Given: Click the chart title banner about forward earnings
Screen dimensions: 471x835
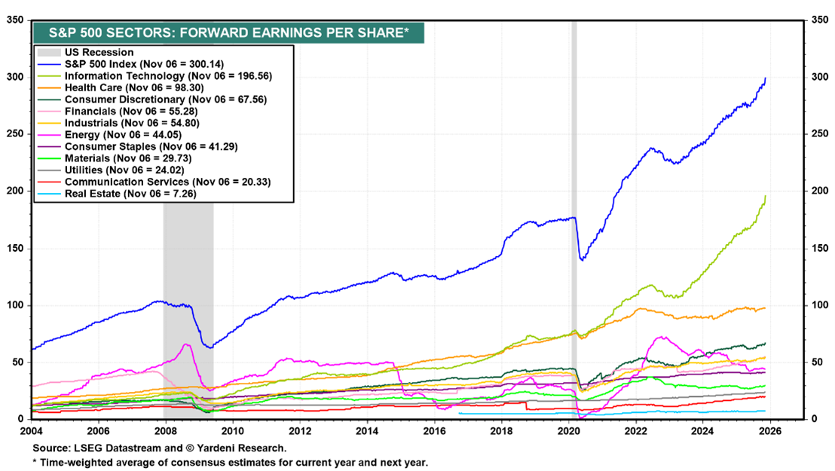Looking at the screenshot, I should [x=228, y=32].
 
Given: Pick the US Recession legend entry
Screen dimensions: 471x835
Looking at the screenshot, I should [x=99, y=53].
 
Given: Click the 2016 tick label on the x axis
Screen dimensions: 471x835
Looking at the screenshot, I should [x=434, y=432].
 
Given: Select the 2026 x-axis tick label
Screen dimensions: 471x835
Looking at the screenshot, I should [x=769, y=432].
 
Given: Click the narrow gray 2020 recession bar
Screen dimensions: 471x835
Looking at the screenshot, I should [x=574, y=226].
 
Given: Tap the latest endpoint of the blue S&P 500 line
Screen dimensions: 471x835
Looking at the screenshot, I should [x=766, y=78].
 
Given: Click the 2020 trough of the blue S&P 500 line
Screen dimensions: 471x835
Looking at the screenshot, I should [x=581, y=261].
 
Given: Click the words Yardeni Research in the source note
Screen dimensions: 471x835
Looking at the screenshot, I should [x=246, y=448].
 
